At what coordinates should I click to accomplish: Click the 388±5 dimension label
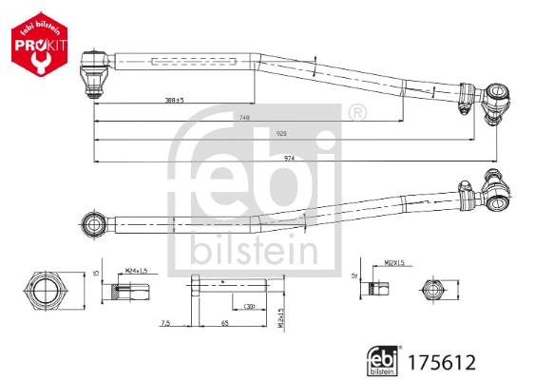pyautogui.click(x=174, y=100)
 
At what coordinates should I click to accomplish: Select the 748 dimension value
pyautogui.click(x=244, y=118)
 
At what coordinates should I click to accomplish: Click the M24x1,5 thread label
pyautogui.click(x=137, y=271)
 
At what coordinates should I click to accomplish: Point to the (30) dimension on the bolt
pyautogui.click(x=248, y=306)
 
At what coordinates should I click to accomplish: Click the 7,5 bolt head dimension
pyautogui.click(x=165, y=324)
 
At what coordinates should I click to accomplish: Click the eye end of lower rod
pyautogui.click(x=95, y=224)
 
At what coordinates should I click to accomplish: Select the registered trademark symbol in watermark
pyautogui.click(x=357, y=115)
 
